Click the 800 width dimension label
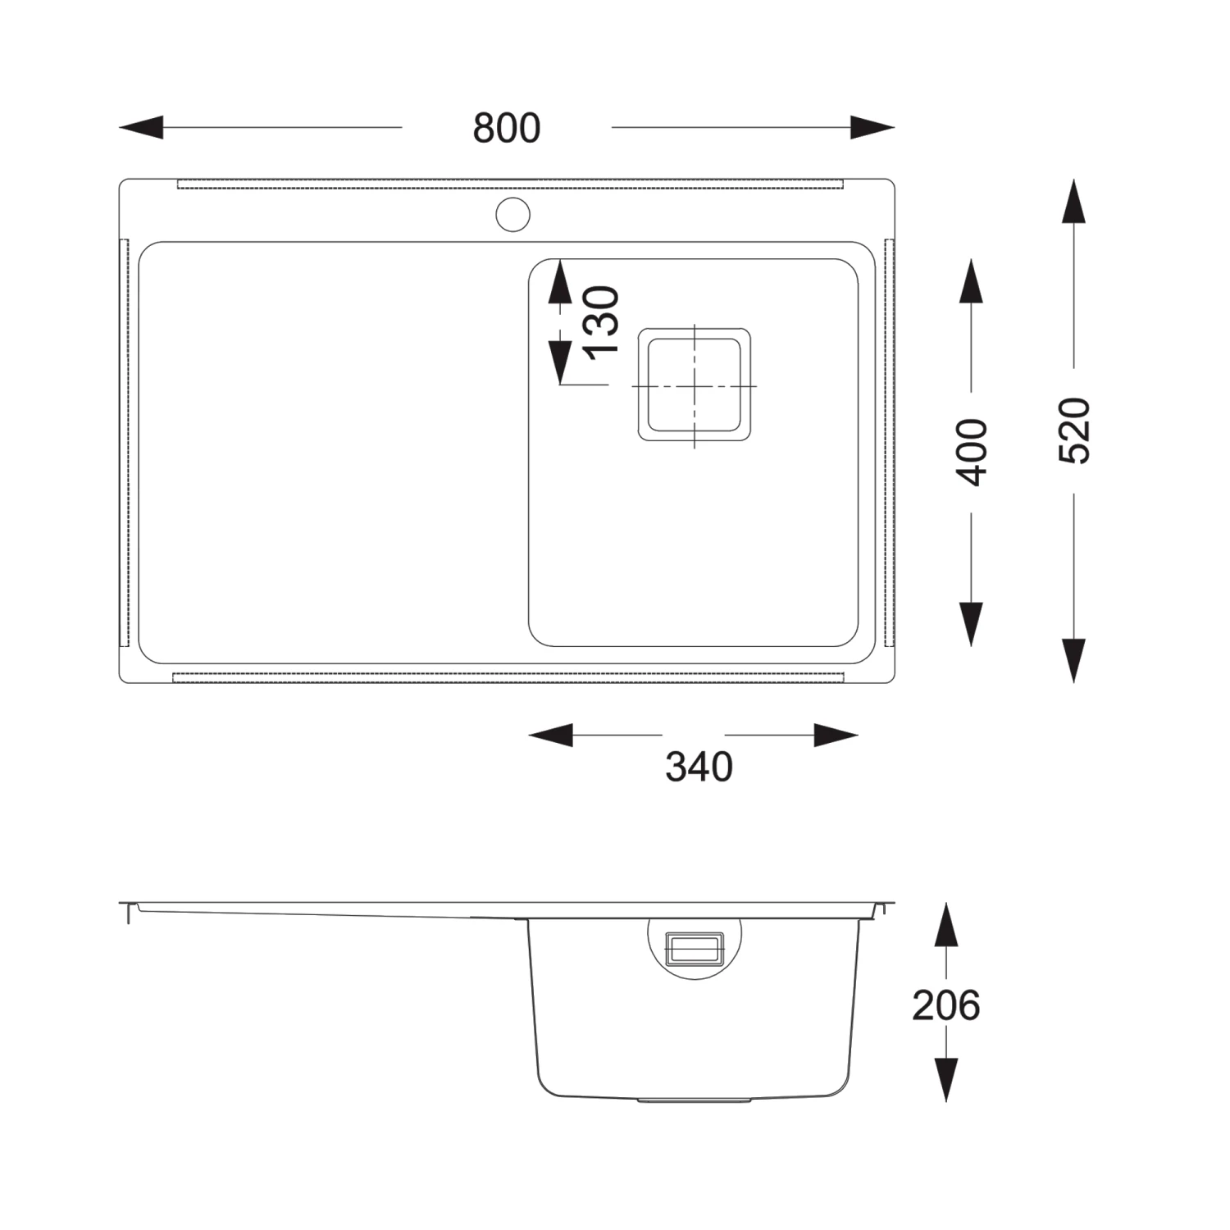[507, 129]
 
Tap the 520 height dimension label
[1074, 430]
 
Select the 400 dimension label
[973, 452]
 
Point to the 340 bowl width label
[699, 768]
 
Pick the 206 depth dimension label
[946, 1006]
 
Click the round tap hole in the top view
[513, 215]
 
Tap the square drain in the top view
[695, 385]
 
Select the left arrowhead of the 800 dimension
[141, 128]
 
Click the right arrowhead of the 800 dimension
[872, 128]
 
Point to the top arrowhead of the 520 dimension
[1074, 202]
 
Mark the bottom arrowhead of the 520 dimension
[1074, 661]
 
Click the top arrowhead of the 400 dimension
[972, 281]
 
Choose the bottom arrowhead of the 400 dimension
[972, 624]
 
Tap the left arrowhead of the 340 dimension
[551, 736]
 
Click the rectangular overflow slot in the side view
[695, 948]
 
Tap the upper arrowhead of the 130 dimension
[559, 282]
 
